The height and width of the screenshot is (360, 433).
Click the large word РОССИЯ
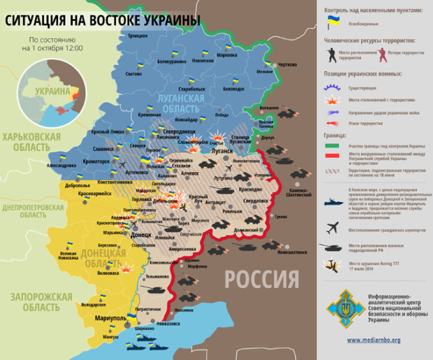[x=261, y=280]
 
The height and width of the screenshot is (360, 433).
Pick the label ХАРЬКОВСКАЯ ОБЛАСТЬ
[x=31, y=142]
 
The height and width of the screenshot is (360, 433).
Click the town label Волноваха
[x=108, y=273]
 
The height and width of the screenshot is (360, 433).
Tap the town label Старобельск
[x=191, y=89]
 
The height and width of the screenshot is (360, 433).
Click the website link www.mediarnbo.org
[x=374, y=340]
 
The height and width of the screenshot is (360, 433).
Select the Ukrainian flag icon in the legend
[x=334, y=22]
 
